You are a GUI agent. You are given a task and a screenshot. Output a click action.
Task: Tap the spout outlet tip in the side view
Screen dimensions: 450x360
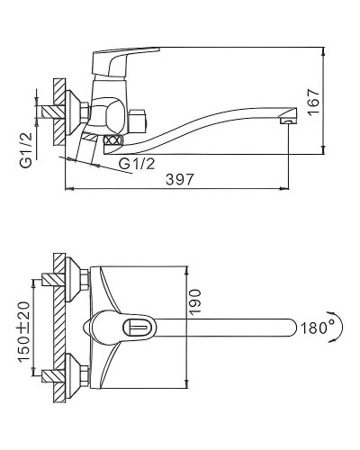288,118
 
